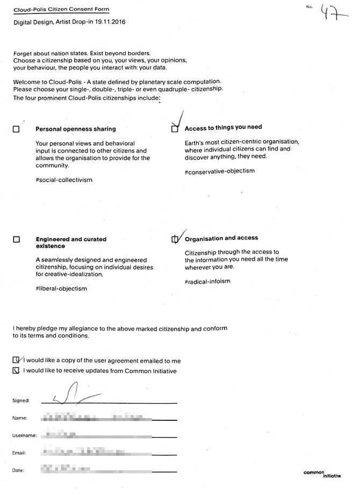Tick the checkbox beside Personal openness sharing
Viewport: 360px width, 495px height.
pos(16,130)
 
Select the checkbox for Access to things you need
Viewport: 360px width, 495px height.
pos(175,129)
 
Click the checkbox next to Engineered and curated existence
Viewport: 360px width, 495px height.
pos(16,240)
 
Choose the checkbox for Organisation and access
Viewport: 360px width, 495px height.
pos(174,239)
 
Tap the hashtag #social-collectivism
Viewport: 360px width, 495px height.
pos(64,180)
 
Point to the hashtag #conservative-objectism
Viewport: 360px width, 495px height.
pos(219,171)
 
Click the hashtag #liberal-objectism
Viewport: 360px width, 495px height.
pos(61,289)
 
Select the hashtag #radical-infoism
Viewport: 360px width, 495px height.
pos(207,281)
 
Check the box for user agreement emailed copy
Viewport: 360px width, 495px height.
pos(16,360)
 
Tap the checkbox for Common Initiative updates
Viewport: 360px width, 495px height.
pos(16,370)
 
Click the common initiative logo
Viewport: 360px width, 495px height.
pos(322,474)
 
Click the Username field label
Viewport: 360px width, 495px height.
pos(24,435)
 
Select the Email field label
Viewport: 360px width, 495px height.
pos(19,453)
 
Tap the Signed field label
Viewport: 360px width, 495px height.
pos(20,400)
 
